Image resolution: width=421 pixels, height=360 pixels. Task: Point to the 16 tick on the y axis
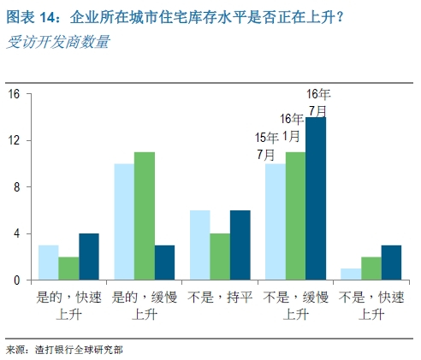click(14, 94)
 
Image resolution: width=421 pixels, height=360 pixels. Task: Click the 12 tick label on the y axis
click(14, 140)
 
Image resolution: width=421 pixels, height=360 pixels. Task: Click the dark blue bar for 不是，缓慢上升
click(315, 198)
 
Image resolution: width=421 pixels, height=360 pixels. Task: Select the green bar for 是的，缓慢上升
click(145, 215)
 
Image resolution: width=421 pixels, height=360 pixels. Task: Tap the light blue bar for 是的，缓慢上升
click(124, 221)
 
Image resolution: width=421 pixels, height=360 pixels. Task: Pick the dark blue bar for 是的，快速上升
click(90, 257)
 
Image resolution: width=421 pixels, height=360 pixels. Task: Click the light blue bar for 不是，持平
click(199, 245)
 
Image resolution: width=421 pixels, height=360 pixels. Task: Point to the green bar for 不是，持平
click(219, 257)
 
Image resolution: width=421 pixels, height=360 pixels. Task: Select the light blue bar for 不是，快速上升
click(349, 274)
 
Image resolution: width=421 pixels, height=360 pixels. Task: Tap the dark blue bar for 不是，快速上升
click(390, 263)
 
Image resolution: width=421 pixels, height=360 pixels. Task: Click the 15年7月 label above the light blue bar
click(265, 145)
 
